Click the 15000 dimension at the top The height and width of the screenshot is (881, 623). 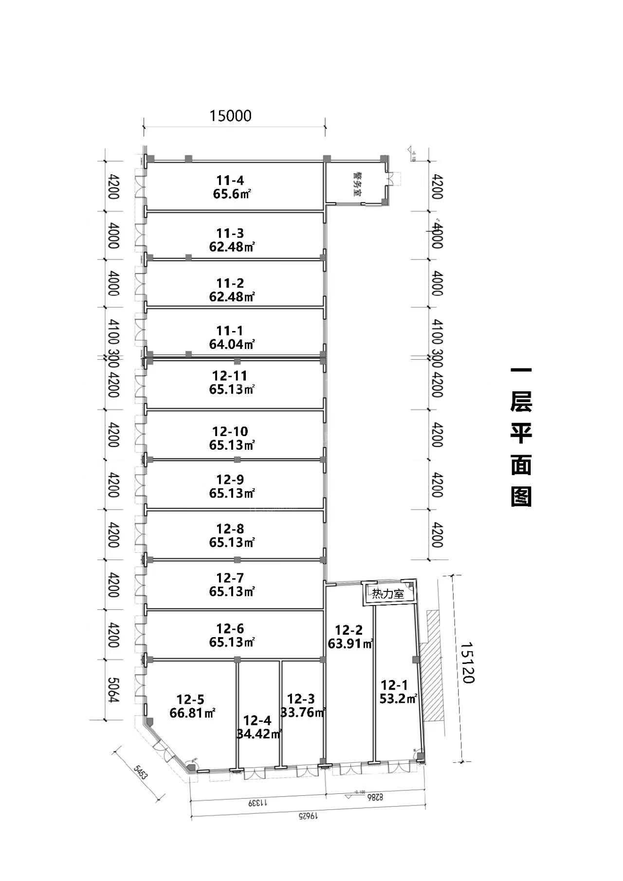[x=230, y=116]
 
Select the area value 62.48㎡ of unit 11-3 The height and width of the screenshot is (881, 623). [x=232, y=247]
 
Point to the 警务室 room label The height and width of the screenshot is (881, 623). [x=359, y=184]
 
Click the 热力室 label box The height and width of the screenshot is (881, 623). [x=388, y=594]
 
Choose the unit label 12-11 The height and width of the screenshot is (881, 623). [x=230, y=376]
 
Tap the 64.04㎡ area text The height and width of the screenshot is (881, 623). [x=232, y=344]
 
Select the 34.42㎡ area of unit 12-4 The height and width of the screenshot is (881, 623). [x=259, y=734]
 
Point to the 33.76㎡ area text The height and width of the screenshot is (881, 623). [x=303, y=713]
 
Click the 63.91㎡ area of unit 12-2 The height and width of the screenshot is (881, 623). [x=350, y=643]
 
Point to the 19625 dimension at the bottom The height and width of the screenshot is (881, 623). [x=307, y=815]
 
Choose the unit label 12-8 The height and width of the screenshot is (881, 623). [x=230, y=529]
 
